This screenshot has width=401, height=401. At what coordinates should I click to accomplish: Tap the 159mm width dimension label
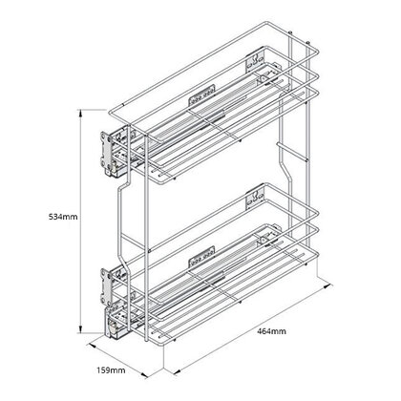point(113,369)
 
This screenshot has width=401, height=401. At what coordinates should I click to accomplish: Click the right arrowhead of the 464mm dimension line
point(332,284)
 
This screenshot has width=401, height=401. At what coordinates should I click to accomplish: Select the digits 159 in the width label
point(107,369)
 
